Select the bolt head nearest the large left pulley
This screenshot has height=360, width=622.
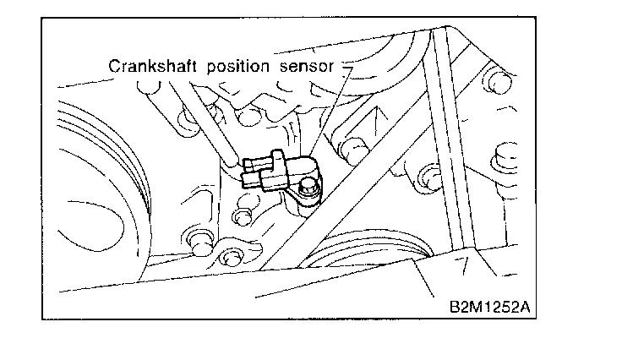tap(201, 239)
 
